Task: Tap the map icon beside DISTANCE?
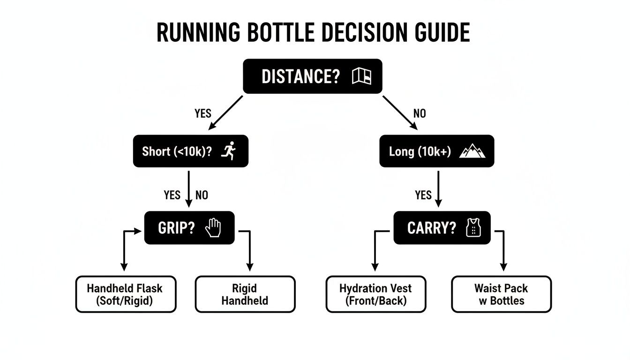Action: [361, 76]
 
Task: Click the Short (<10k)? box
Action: [190, 151]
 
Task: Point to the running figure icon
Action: [229, 151]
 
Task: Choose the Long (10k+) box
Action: [436, 151]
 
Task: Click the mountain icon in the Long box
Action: [472, 151]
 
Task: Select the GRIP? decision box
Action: [189, 228]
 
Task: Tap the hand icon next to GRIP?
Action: [213, 228]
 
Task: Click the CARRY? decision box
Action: [442, 228]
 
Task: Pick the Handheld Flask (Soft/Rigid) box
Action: [125, 294]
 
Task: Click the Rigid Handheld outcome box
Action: [245, 294]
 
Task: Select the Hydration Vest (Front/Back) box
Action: [375, 294]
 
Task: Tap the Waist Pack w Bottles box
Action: [501, 294]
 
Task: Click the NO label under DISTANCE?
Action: [420, 113]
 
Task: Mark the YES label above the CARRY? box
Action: [423, 195]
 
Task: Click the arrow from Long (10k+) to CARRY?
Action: [438, 188]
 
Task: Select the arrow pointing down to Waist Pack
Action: [503, 251]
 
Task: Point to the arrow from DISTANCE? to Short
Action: [225, 112]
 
